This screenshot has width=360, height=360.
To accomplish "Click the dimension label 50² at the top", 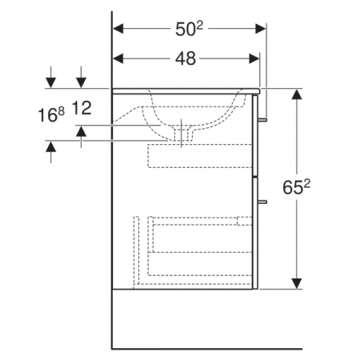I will (189, 29).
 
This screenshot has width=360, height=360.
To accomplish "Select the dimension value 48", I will (187, 58).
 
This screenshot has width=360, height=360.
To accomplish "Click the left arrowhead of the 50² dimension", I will (118, 29).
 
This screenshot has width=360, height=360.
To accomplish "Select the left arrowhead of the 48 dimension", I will (118, 58).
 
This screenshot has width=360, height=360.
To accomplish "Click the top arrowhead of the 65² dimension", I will (298, 94).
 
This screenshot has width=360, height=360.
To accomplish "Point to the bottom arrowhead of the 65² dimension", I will (298, 282).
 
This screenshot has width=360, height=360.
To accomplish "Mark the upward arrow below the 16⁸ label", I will (51, 146).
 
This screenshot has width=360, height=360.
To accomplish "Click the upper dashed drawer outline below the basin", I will (199, 156).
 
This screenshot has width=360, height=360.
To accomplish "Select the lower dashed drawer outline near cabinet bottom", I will (192, 248).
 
